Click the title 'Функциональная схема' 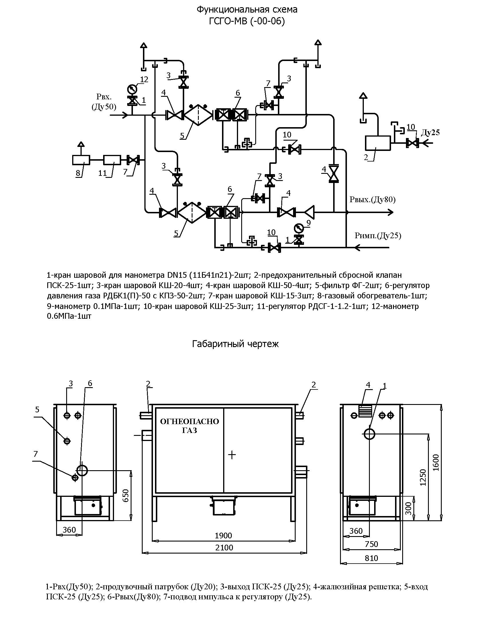[247, 10]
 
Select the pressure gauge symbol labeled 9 [299, 228]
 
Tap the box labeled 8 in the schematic [81, 160]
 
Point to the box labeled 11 [112, 160]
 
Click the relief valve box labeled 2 [378, 143]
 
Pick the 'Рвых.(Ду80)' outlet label [372, 200]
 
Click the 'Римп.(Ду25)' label [378, 236]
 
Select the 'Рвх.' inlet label [104, 97]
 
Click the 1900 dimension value [224, 536]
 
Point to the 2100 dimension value [224, 548]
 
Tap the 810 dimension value [371, 558]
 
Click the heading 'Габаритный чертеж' [235, 344]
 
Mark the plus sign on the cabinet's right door [232, 455]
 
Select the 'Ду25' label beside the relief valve [431, 132]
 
